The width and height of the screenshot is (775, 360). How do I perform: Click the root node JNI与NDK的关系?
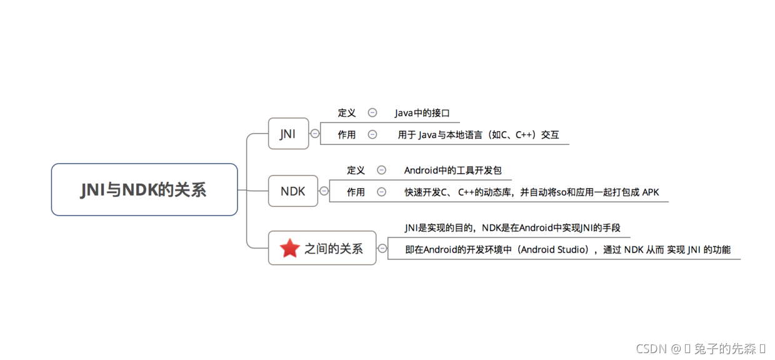[144, 189]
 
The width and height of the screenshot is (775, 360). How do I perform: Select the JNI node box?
[288, 133]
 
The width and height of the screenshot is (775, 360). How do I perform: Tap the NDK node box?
[292, 191]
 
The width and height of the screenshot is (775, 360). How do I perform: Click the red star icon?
[289, 248]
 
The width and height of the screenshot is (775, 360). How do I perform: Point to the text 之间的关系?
[333, 248]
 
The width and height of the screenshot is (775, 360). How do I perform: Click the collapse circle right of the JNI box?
[315, 133]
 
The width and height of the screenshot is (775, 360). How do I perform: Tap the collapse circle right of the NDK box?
[324, 191]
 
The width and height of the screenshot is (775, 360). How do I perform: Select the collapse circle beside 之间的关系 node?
[382, 248]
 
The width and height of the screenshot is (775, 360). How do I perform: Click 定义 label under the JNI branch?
[347, 113]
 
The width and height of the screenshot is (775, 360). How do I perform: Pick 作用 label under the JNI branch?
[347, 134]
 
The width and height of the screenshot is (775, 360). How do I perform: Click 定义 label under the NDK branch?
[356, 170]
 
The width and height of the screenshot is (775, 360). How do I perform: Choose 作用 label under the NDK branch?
[356, 192]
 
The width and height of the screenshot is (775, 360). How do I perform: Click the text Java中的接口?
[422, 113]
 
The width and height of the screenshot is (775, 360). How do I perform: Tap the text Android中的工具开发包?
[452, 170]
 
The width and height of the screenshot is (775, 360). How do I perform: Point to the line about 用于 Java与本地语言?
[478, 134]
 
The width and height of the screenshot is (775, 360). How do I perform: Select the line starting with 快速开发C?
[531, 192]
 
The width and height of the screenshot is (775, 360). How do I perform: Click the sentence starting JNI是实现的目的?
[512, 227]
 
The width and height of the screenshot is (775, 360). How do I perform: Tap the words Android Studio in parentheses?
[555, 249]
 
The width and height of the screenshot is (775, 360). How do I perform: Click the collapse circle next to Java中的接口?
[372, 112]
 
